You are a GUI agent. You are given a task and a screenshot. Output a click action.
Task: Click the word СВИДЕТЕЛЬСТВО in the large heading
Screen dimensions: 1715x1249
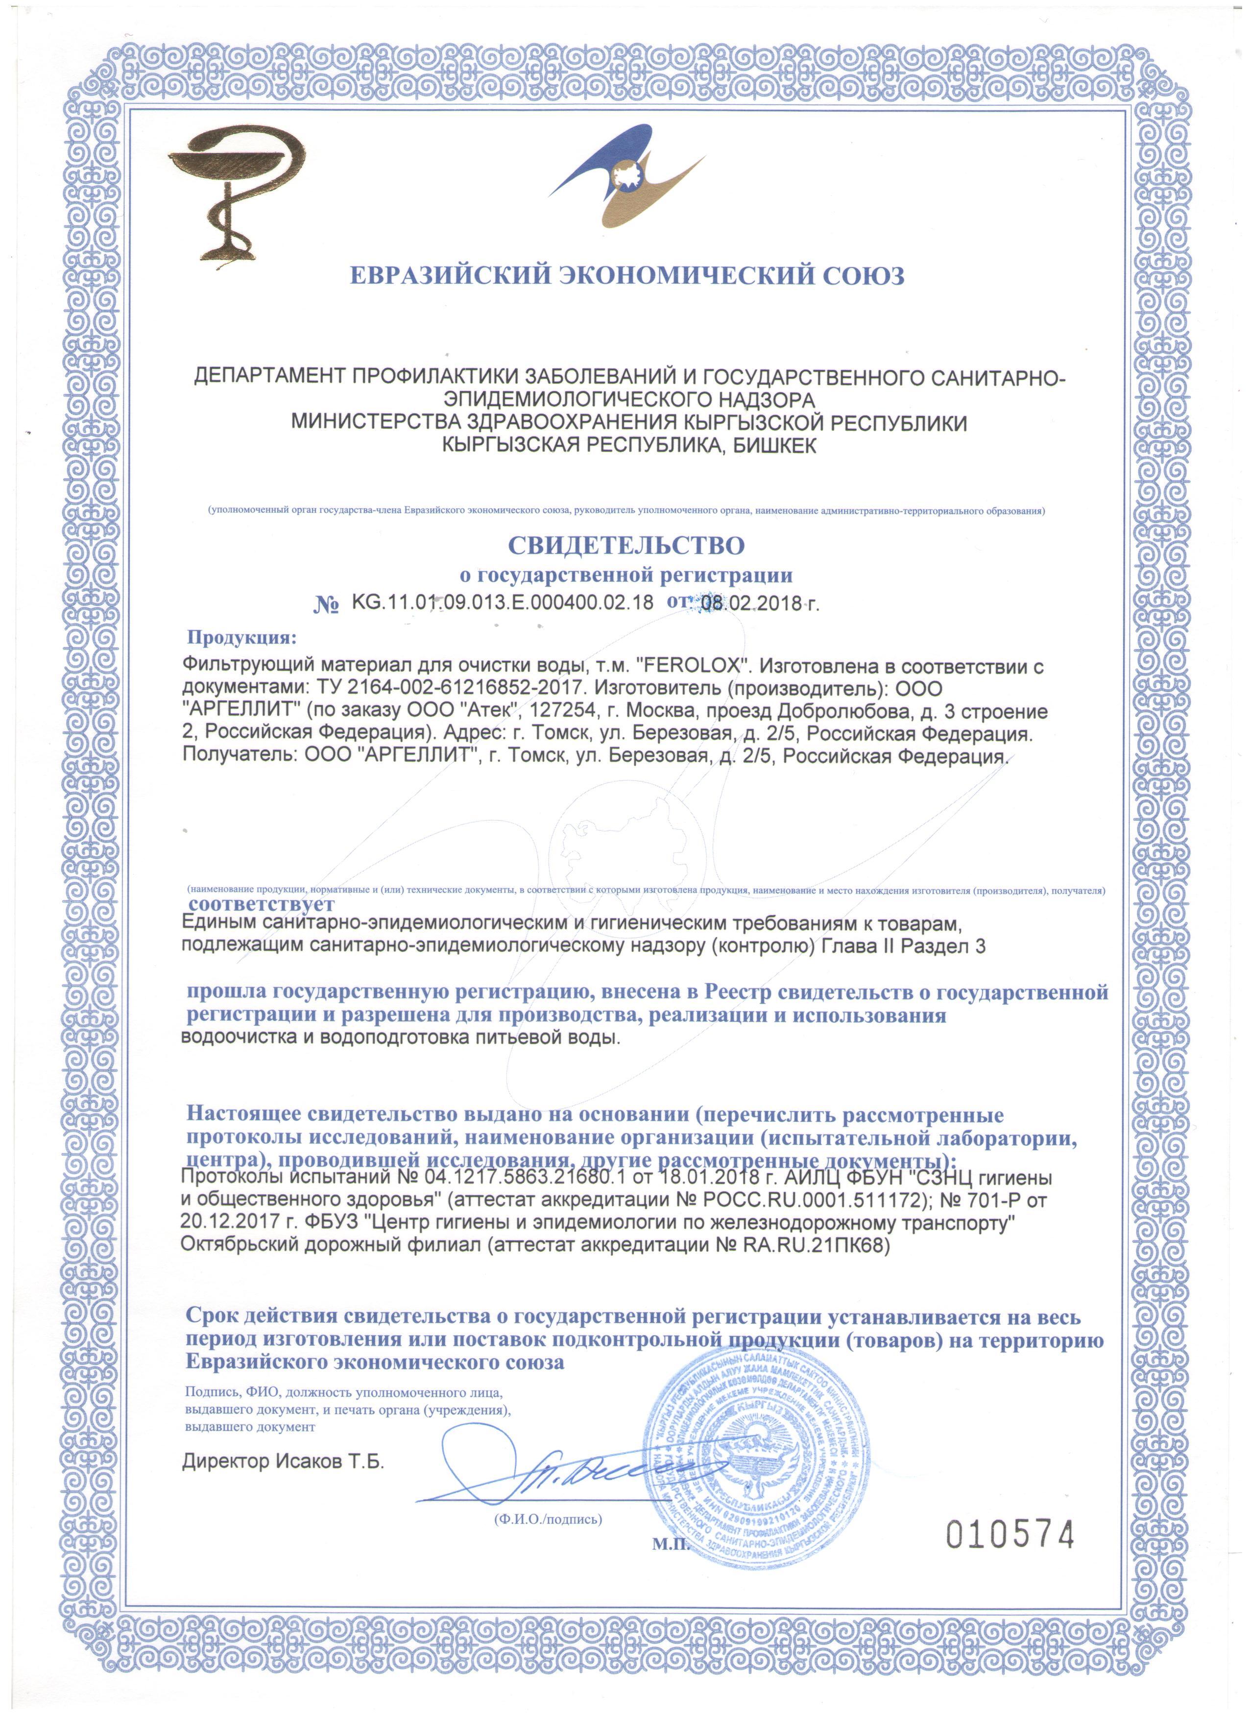tap(625, 545)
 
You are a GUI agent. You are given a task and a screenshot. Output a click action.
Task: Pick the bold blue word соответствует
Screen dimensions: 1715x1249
tap(261, 904)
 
